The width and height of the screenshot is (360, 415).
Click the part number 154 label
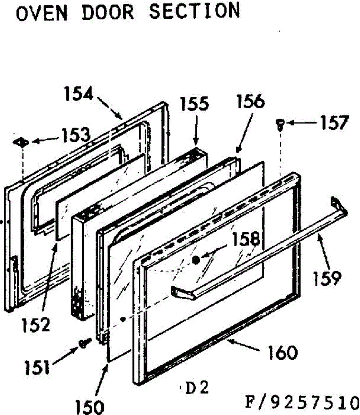point(79,94)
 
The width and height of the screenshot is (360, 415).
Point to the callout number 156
point(250,102)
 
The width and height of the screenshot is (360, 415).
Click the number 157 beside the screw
point(333,123)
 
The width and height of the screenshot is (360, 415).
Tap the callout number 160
point(282,352)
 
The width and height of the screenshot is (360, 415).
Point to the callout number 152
point(36,324)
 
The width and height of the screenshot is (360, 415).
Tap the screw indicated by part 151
point(84,343)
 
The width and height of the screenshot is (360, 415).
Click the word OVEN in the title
point(41,13)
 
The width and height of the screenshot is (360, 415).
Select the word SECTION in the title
point(194,11)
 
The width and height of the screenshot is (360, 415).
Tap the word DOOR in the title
point(107,12)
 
